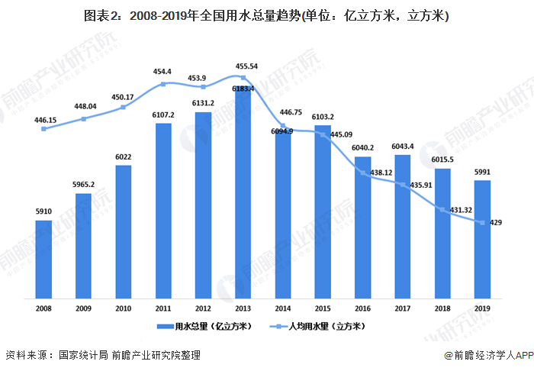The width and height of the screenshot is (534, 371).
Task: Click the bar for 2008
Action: [x=43, y=260]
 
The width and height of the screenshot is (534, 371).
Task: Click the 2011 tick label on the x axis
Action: [x=163, y=308]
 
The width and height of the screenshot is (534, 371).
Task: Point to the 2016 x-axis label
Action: [x=362, y=308]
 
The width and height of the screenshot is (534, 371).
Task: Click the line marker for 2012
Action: [x=203, y=86]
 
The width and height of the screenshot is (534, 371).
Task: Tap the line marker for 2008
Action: [x=43, y=128]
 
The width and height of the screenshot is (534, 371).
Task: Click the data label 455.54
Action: [x=244, y=66]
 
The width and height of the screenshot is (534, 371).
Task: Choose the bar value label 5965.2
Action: [x=83, y=185]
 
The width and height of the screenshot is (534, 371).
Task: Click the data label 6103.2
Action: [x=323, y=117]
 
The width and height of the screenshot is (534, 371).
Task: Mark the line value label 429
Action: [x=496, y=222]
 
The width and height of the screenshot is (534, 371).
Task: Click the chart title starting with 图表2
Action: [x=266, y=16]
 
